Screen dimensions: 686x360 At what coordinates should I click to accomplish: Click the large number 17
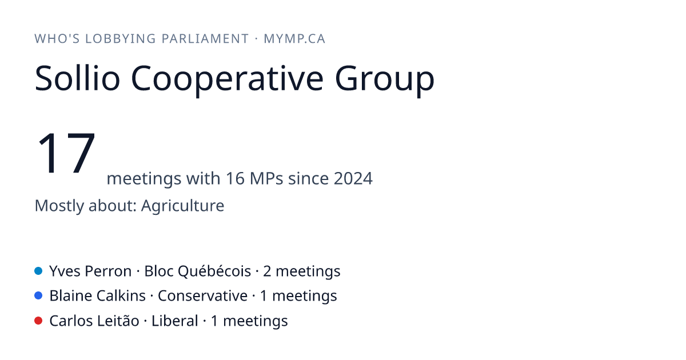(66, 153)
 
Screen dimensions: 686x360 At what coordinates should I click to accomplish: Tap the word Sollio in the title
(77, 78)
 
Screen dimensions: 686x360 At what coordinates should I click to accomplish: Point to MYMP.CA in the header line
(294, 39)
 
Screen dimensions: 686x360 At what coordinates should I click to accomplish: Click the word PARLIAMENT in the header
(205, 39)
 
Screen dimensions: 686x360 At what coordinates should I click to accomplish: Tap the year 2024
(353, 178)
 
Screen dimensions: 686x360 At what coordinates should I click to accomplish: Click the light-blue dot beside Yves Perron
(38, 271)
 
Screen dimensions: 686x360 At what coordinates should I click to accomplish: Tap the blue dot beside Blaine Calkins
(38, 296)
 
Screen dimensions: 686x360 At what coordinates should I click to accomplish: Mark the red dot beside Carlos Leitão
(38, 321)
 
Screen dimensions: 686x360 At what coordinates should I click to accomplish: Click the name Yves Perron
(90, 271)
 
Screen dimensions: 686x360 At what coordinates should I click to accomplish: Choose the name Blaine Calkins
(97, 296)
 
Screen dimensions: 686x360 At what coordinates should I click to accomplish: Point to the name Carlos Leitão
(94, 321)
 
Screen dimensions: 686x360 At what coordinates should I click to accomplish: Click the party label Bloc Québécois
(198, 271)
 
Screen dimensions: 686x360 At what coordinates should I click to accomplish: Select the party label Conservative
(202, 296)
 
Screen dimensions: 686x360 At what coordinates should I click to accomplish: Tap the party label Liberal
(174, 321)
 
